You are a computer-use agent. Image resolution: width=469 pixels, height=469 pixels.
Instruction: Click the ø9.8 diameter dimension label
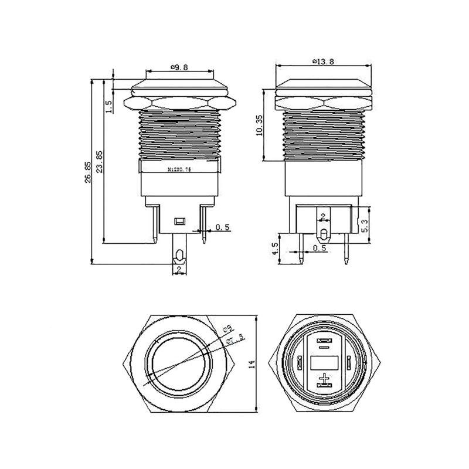tap(179, 67)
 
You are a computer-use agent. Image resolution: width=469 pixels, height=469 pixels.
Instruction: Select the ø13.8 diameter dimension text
tap(323, 62)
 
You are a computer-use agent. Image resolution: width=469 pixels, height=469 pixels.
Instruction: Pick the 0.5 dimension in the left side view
tap(222, 227)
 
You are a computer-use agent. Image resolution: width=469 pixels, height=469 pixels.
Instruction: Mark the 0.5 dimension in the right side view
tap(319, 249)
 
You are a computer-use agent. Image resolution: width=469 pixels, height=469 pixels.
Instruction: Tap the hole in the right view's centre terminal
tap(322, 235)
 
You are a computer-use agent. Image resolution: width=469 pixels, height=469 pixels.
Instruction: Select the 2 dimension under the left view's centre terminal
tap(179, 269)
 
